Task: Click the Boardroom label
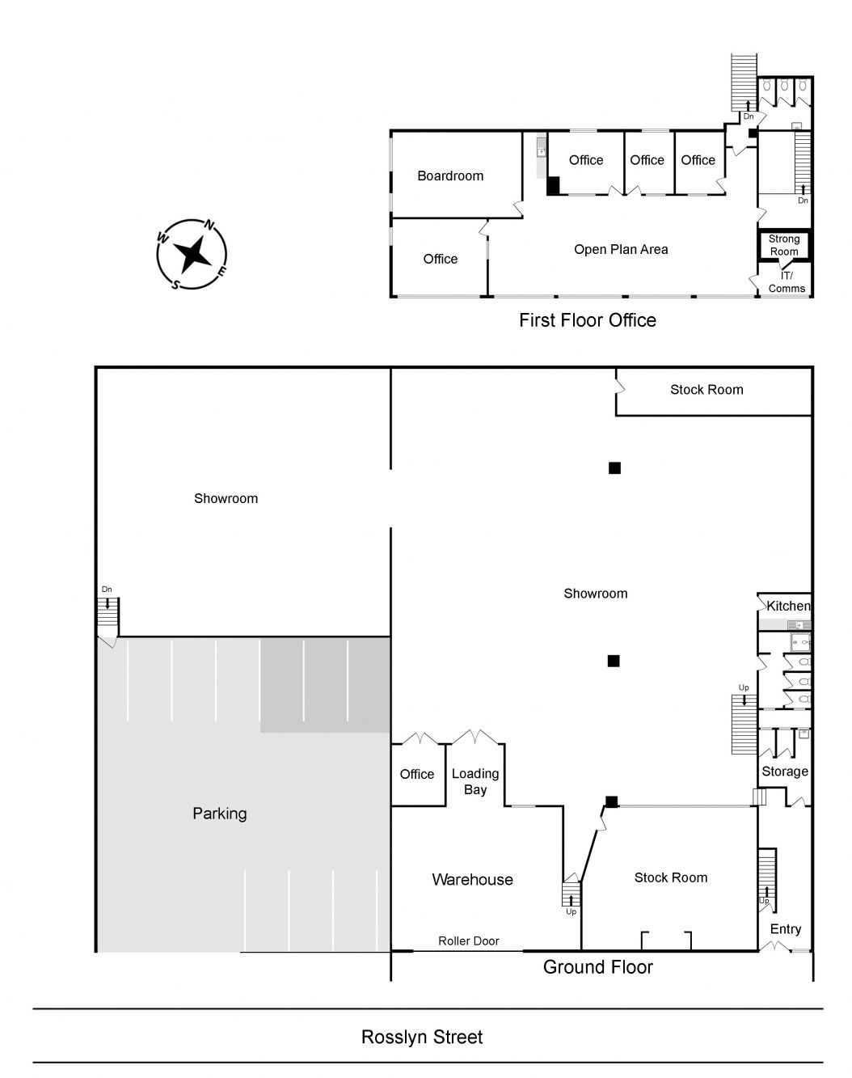450,175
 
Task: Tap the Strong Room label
784,245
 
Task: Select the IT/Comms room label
787,282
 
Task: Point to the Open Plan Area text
621,249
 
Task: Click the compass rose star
192,255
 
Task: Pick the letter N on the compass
209,226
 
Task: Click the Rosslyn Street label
422,1037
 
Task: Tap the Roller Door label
468,941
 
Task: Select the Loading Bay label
475,781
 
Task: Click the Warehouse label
472,880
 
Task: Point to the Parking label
219,814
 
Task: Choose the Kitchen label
788,607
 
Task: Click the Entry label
786,929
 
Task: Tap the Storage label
785,772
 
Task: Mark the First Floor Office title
588,320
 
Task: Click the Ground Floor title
598,967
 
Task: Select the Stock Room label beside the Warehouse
671,877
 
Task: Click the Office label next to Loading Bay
417,774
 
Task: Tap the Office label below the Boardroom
441,259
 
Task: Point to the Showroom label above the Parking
226,498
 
